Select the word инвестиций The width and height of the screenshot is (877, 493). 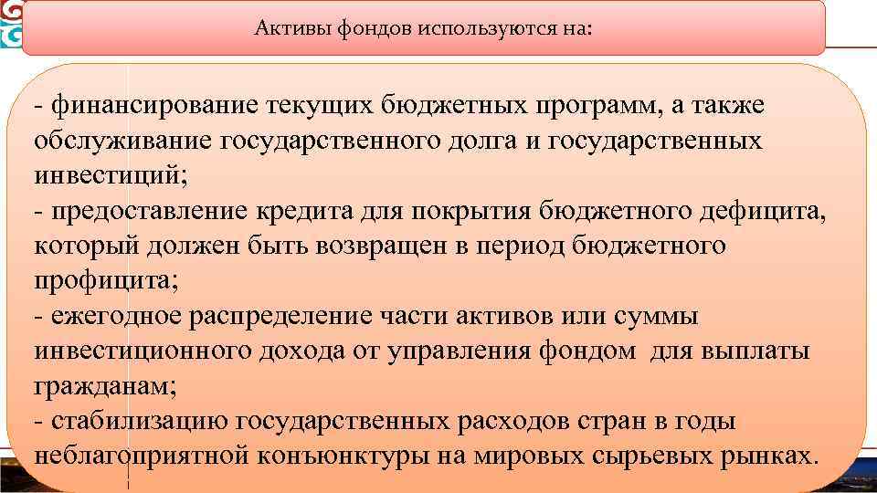pyautogui.click(x=104, y=176)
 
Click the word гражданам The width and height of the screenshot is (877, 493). pyautogui.click(x=104, y=385)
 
